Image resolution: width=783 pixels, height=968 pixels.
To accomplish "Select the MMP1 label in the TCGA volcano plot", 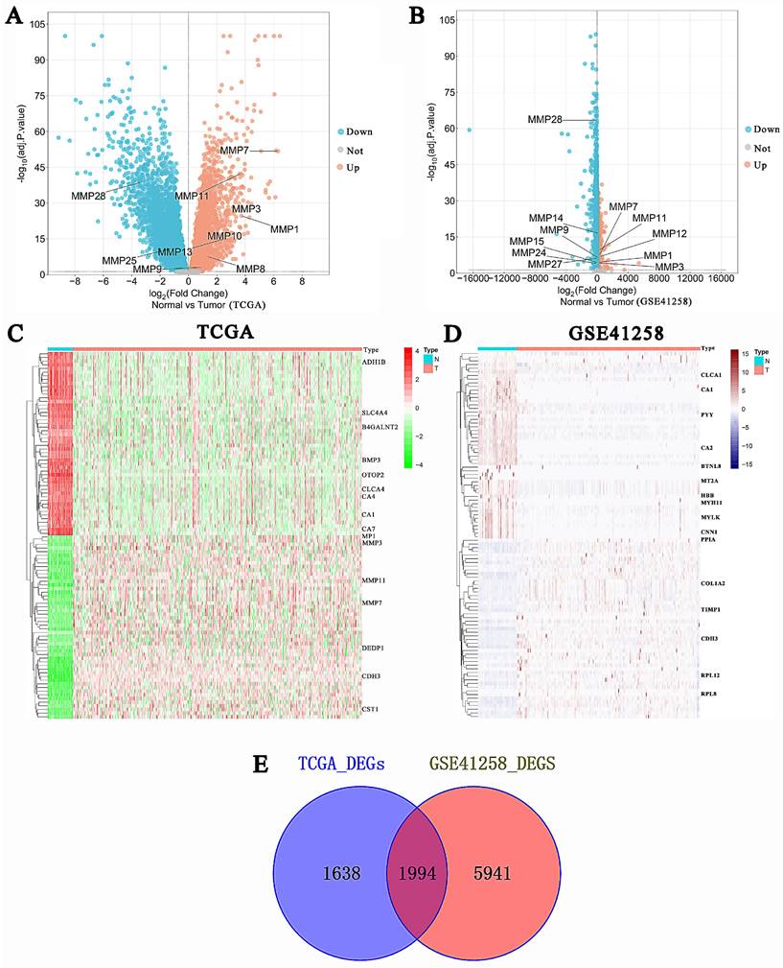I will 285,229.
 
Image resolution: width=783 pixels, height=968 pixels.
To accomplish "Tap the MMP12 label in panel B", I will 670,233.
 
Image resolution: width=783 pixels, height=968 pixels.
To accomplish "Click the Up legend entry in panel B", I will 759,166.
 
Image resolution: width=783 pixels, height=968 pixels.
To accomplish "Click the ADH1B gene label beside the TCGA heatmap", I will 375,364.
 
